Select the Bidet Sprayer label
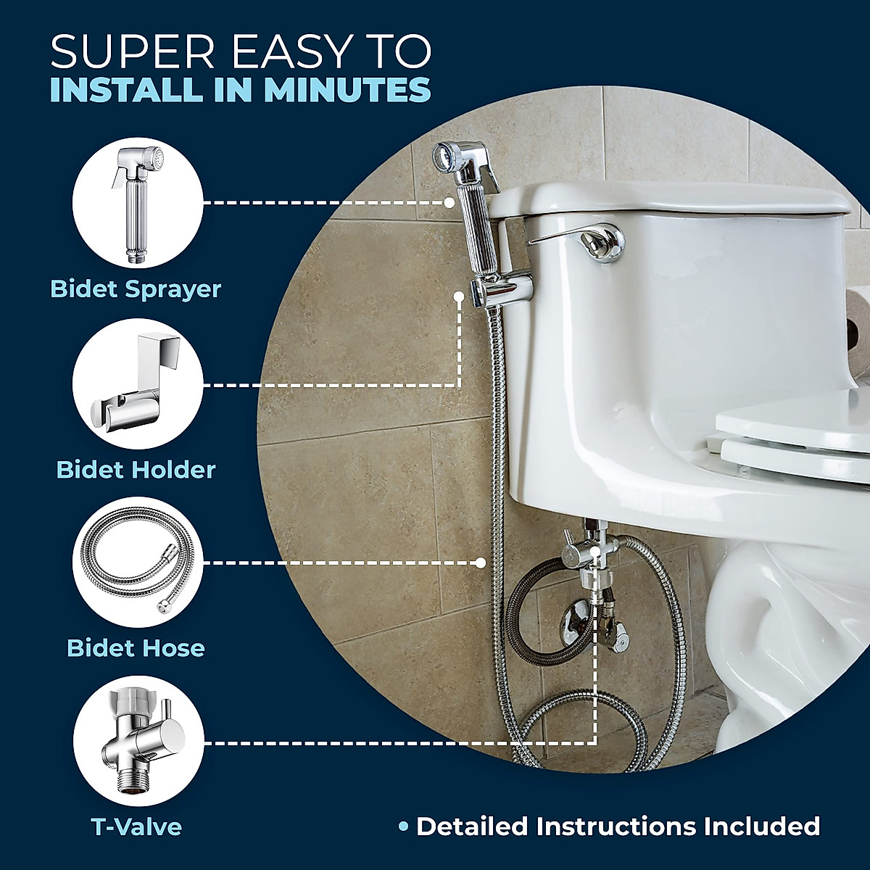(x=136, y=289)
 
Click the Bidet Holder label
(x=136, y=469)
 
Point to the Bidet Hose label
(x=136, y=647)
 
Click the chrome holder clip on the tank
(x=500, y=289)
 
